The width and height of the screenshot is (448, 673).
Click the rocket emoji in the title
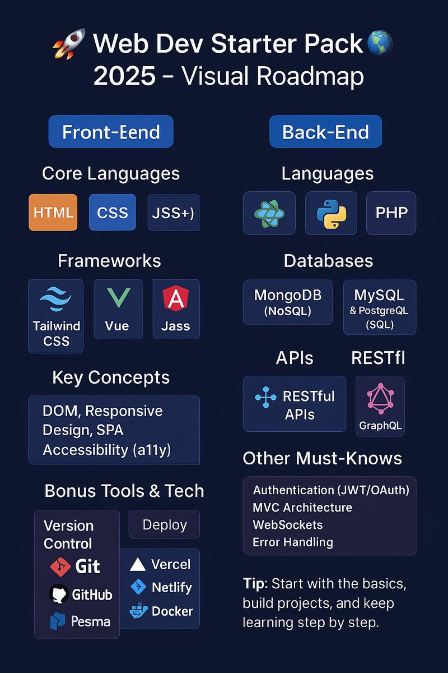(69, 44)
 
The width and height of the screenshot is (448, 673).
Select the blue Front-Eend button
(111, 132)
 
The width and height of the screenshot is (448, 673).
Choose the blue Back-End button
(325, 132)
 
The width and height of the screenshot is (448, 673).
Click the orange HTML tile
(53, 213)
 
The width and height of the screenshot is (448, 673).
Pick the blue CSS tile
(112, 213)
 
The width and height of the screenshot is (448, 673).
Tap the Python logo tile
(331, 213)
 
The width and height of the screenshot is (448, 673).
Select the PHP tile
(391, 213)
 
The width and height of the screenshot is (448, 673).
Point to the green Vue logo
(118, 297)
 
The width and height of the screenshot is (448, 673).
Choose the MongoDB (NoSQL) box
(284, 303)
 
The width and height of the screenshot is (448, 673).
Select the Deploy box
(164, 525)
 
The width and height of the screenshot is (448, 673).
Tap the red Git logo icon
(59, 567)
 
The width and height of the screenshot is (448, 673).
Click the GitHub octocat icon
(59, 594)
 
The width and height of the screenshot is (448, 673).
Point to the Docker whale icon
(138, 611)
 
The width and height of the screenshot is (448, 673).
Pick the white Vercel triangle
(138, 565)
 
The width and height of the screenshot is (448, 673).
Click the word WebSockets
(287, 525)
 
